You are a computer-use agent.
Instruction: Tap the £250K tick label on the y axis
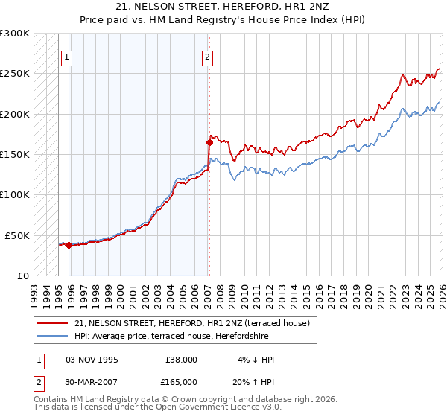tap(15, 74)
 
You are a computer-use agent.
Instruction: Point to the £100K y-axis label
tap(15, 194)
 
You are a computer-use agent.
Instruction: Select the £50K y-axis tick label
tap(18, 235)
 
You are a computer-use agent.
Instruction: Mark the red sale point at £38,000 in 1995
tap(69, 245)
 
